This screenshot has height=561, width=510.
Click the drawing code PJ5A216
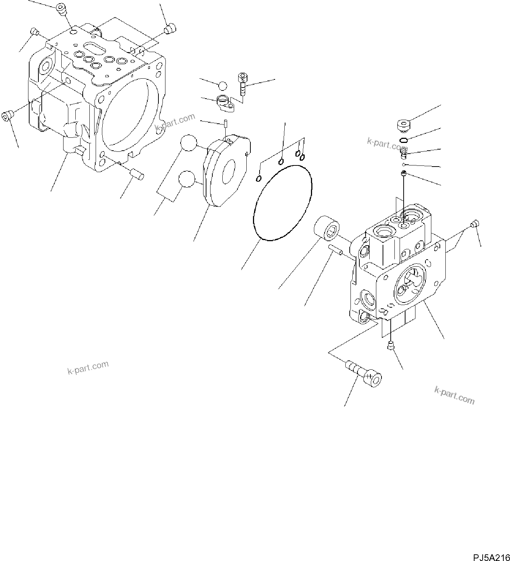[x=490, y=546]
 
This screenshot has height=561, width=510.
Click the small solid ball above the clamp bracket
[x=223, y=86]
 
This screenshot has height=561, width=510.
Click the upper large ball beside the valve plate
[x=188, y=143]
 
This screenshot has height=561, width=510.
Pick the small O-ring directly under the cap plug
[x=404, y=140]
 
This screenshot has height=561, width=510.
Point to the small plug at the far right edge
[x=475, y=223]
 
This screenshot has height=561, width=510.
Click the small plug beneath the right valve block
[x=390, y=345]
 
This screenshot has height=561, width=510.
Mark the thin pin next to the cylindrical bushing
[x=336, y=250]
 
